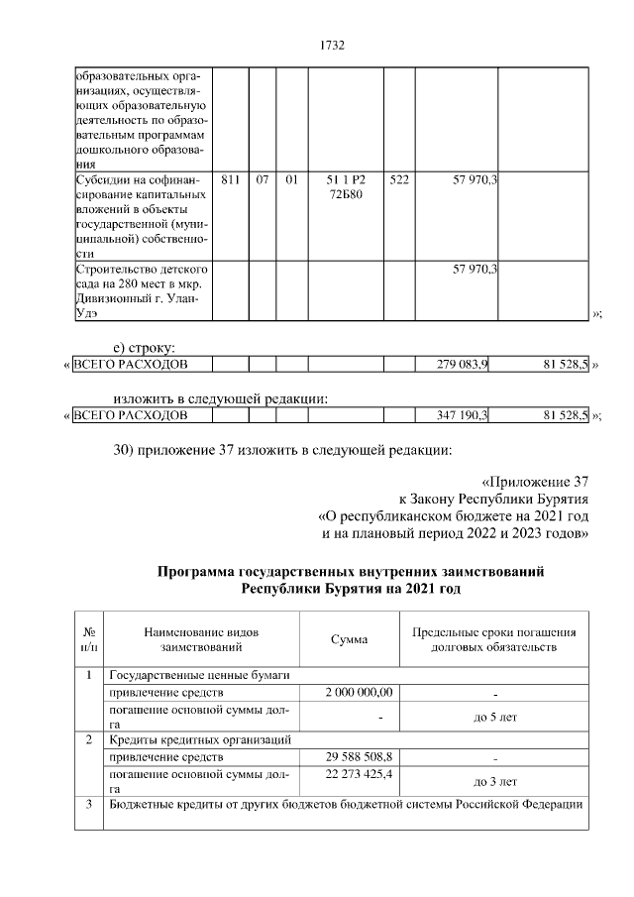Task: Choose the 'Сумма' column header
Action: [349, 639]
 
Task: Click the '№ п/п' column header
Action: [89, 639]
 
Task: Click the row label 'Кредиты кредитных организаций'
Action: [200, 739]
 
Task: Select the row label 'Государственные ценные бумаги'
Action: [199, 675]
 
